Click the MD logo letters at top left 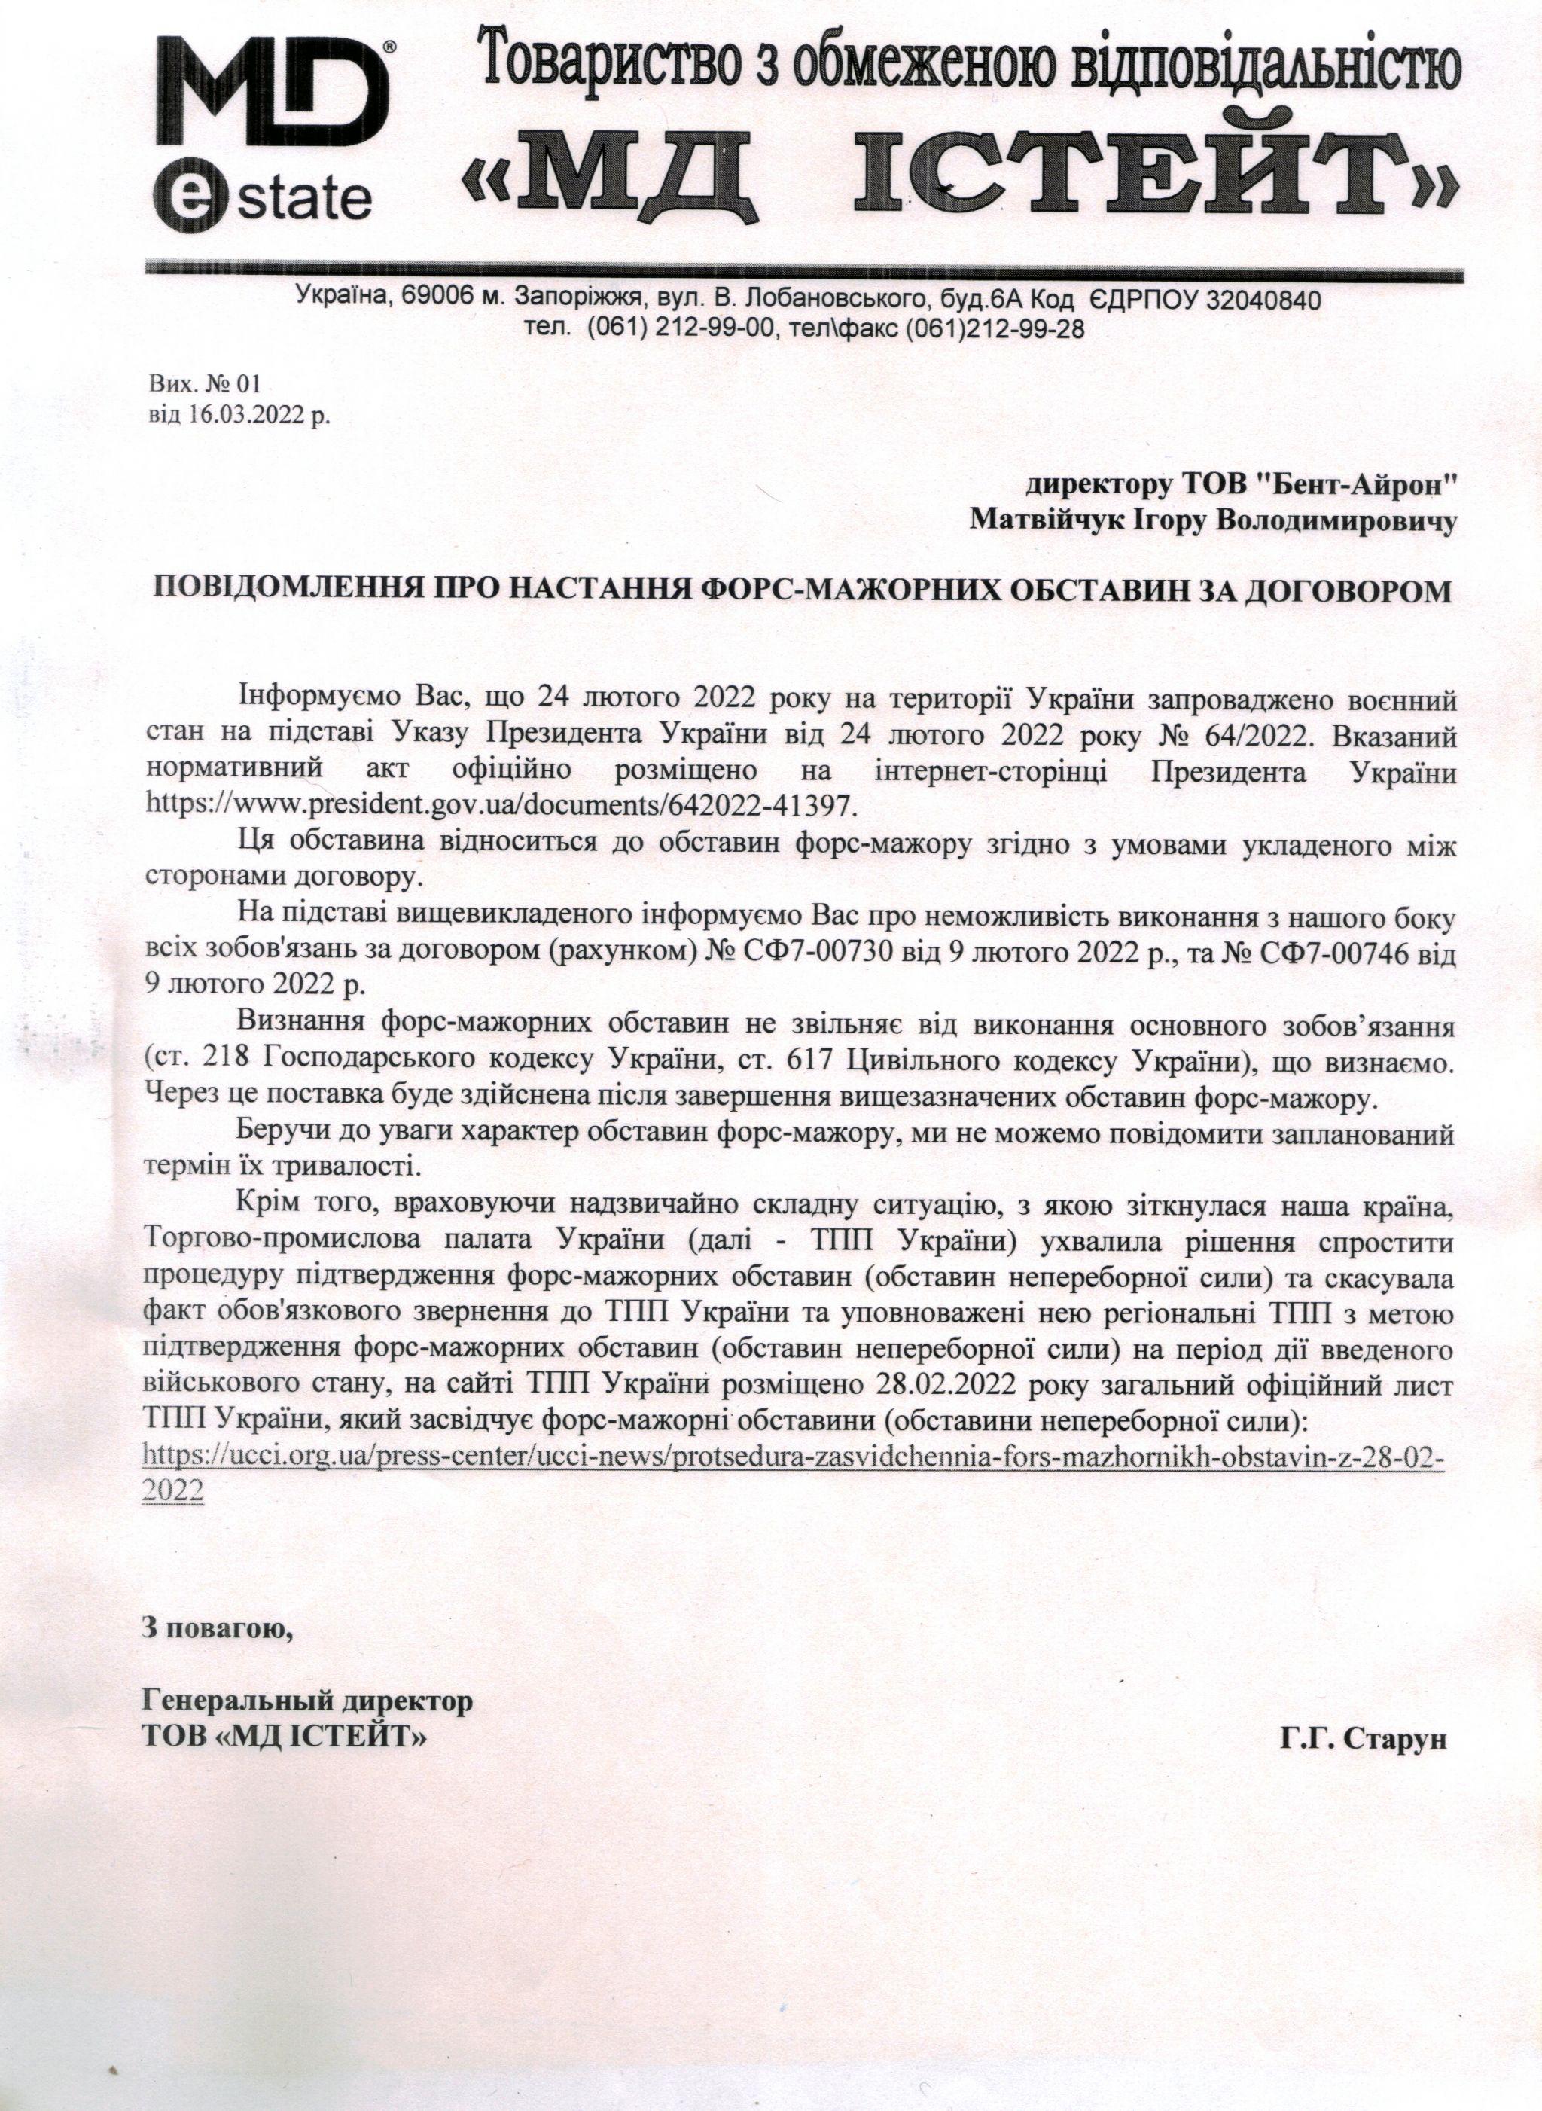(271, 94)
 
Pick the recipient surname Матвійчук (1044, 521)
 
